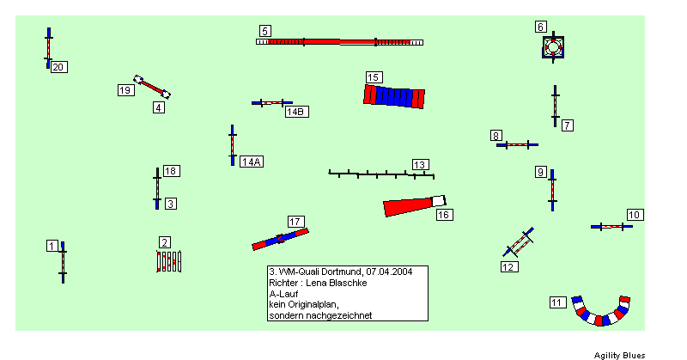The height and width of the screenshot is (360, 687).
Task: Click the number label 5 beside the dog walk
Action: [265, 31]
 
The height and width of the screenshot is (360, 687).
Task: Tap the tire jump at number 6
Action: [553, 47]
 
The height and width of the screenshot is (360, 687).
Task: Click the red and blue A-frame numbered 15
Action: [394, 96]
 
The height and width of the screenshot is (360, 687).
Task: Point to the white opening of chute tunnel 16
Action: [439, 201]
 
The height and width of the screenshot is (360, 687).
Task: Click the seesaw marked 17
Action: [281, 239]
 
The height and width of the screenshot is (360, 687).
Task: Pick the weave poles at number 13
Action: [381, 174]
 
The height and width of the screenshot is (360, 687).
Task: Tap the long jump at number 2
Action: [168, 261]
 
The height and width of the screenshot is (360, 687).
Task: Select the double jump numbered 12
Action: [519, 242]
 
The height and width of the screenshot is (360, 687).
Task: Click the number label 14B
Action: [296, 112]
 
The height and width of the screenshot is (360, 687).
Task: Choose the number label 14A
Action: [252, 162]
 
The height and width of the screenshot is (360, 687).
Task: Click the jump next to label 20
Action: [48, 48]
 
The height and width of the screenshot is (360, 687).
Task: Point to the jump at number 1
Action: [63, 262]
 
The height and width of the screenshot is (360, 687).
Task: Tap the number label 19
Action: [125, 90]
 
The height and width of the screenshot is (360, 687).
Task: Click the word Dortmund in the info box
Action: [342, 272]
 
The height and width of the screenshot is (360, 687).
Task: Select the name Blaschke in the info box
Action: [350, 283]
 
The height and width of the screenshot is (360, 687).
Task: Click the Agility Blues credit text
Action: [619, 355]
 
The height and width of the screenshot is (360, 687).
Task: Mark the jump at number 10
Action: [611, 227]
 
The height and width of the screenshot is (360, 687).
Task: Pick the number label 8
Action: [496, 136]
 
